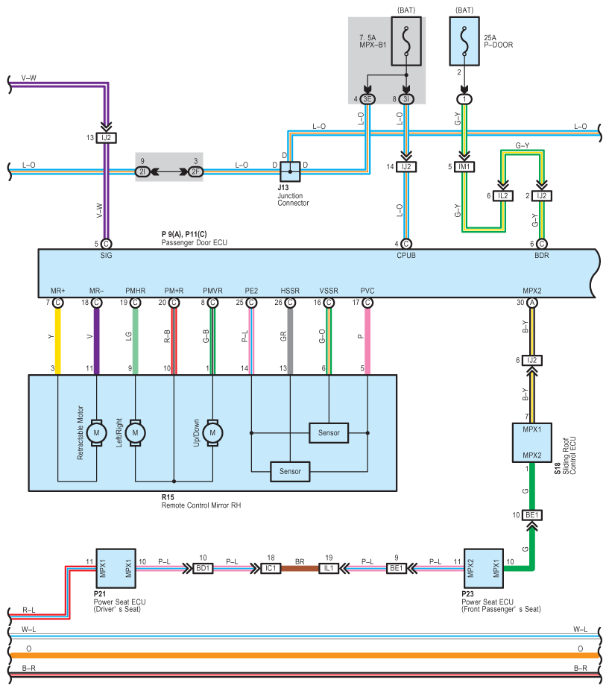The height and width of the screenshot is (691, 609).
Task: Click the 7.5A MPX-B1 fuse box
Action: tap(406, 42)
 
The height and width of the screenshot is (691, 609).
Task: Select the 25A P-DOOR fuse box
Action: tap(464, 42)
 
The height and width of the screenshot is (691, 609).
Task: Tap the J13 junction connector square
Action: tap(290, 171)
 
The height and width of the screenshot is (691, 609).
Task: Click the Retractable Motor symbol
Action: tap(96, 433)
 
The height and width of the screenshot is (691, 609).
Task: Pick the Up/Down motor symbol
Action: tap(212, 433)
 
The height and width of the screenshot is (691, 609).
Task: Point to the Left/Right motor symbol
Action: tap(135, 433)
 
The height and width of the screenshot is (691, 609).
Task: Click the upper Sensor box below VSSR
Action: tap(329, 433)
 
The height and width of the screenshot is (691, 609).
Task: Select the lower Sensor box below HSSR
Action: tap(290, 472)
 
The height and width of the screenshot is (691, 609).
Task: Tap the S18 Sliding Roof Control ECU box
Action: tap(532, 443)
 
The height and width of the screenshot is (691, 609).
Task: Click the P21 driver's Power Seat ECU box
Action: tap(116, 568)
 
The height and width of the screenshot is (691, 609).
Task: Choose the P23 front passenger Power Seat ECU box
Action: tap(484, 568)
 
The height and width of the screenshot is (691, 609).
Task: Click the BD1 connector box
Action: tap(203, 568)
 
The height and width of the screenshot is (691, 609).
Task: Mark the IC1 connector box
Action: tap(271, 568)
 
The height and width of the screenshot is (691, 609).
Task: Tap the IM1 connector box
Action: tap(464, 166)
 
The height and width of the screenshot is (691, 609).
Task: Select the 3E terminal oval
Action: tap(367, 99)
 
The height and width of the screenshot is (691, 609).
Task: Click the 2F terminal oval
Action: tap(195, 171)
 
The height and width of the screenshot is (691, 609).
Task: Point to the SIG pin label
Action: tap(106, 255)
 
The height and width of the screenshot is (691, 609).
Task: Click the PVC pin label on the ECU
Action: tap(367, 291)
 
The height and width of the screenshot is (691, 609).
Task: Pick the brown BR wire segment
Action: tap(300, 568)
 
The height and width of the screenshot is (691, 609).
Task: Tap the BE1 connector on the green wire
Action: tap(532, 515)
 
